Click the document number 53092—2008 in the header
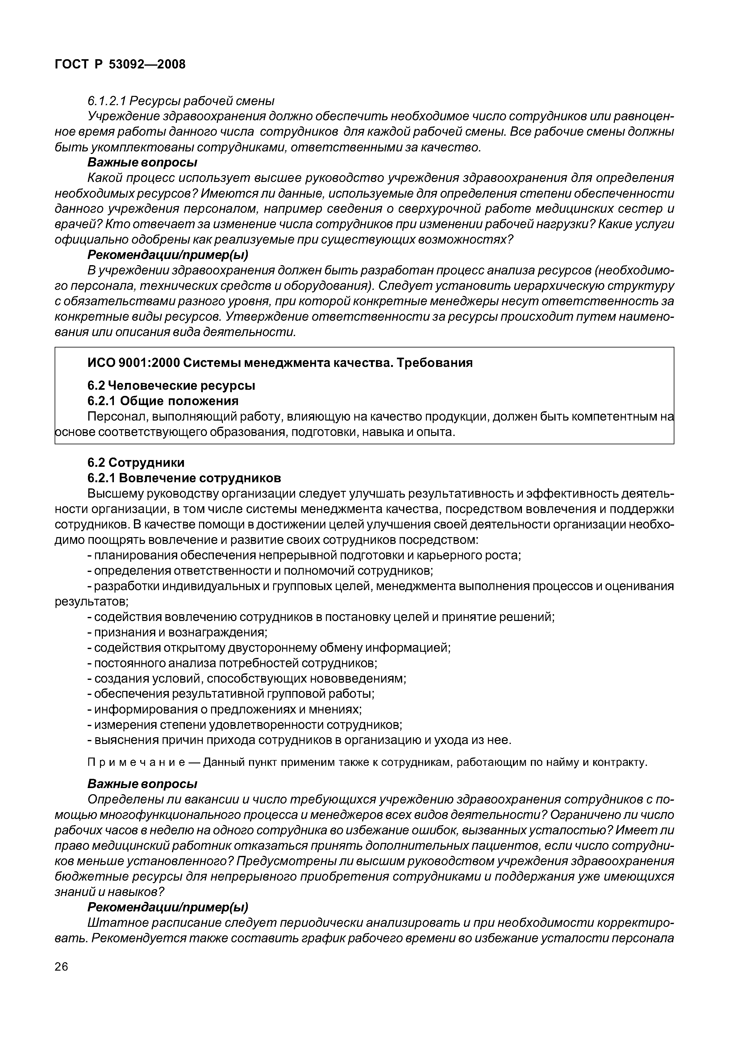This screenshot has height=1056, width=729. point(147,64)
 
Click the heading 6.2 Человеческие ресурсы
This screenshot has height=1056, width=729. point(171,386)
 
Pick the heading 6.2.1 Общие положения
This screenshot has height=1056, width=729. point(163,401)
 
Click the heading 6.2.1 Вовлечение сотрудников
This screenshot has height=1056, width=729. point(184,478)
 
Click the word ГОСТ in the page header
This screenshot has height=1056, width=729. point(71,64)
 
